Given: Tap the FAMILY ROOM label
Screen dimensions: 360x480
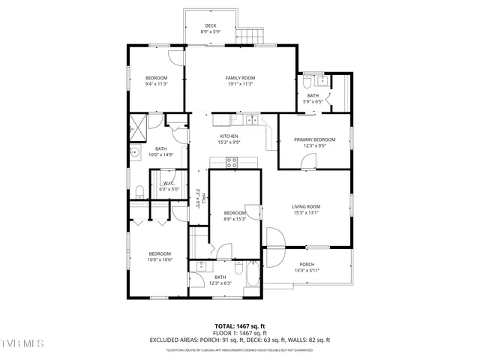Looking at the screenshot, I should [241, 78].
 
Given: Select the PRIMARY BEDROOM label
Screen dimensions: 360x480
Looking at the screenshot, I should [314, 139].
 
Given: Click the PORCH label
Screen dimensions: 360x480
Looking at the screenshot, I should [307, 264].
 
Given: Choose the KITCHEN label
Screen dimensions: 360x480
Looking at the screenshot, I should [229, 136].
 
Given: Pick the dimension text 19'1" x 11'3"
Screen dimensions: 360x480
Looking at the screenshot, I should [241, 84].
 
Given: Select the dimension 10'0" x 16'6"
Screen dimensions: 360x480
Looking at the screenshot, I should [160, 259].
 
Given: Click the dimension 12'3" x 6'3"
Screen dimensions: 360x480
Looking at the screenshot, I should [220, 283].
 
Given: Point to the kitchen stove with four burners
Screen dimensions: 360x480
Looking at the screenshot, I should [232, 160].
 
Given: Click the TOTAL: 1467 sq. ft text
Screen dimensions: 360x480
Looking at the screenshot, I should [240, 325].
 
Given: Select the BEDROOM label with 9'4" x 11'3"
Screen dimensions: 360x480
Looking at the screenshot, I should [156, 78].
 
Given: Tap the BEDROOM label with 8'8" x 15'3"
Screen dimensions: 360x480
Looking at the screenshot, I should [235, 213].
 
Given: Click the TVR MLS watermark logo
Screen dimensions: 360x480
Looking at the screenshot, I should [22, 343].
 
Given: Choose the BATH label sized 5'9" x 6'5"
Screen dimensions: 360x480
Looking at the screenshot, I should [312, 95].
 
